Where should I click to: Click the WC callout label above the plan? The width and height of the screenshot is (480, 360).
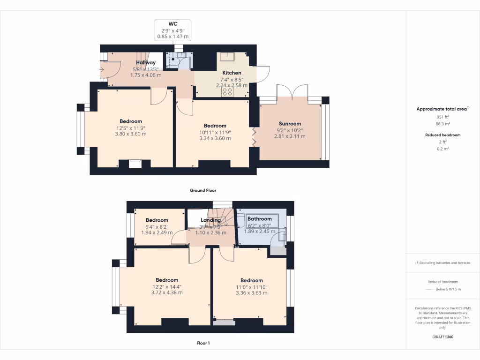pos(172,23)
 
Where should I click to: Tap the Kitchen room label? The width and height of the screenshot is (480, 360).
pos(232,73)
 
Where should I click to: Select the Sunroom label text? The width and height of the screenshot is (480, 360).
pos(290,124)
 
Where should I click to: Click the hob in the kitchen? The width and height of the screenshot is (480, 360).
pos(227,92)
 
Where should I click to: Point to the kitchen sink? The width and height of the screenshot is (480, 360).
pos(228,57)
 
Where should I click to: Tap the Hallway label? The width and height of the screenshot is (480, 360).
pos(146,63)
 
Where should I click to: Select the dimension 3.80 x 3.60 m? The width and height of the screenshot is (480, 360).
pos(130,134)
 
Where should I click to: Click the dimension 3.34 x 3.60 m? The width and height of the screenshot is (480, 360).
pos(215,138)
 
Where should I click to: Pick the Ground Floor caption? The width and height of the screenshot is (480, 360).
pos(202,191)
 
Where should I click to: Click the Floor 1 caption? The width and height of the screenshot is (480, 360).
pos(203,343)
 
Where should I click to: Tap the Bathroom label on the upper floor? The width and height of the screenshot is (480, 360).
pos(259,219)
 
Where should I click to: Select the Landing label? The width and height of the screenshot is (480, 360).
pos(210,220)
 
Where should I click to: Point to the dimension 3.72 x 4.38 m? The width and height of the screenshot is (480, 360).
pos(167,292)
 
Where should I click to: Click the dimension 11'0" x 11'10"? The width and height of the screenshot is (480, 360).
pos(251,287)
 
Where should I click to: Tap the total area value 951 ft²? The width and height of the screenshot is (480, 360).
pos(443,117)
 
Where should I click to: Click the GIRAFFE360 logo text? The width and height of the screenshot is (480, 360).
pos(443,337)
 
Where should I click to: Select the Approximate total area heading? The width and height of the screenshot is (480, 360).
pos(442,109)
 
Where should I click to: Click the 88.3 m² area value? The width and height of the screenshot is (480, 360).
pos(443,124)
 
